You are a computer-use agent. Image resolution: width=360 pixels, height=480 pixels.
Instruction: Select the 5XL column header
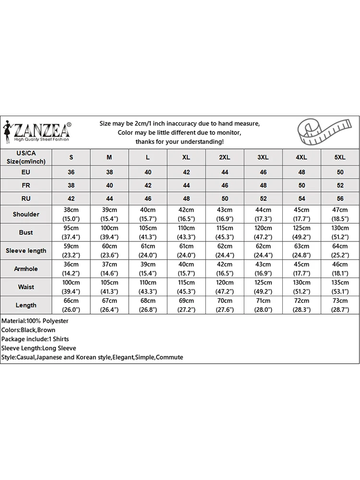[340, 157]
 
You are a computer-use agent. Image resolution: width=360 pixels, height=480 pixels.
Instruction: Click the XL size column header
[186, 157]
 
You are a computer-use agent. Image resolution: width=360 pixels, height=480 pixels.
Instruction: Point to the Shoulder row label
[26, 214]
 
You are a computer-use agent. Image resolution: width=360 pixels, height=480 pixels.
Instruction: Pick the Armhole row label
[26, 269]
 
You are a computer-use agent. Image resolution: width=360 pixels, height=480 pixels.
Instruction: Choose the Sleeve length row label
[26, 251]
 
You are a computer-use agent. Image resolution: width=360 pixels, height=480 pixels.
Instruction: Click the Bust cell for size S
[71, 232]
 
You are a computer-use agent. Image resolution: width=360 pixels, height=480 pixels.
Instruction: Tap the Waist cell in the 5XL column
[340, 287]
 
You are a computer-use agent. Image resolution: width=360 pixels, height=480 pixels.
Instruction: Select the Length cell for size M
[109, 305]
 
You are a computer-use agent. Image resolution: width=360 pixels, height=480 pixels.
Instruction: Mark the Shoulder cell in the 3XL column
[263, 214]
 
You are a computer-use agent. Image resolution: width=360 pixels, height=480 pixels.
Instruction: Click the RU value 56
[340, 198]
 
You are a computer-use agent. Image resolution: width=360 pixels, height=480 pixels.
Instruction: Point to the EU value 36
[71, 172]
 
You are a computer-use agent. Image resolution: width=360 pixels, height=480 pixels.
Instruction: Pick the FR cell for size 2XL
[225, 185]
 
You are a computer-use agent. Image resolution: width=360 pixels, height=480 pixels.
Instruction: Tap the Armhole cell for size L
[148, 269]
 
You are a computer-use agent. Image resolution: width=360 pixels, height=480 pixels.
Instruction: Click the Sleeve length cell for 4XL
[301, 251]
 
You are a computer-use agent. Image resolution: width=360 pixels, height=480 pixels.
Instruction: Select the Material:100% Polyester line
[35, 321]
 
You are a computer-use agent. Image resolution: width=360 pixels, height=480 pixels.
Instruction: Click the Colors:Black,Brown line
[28, 330]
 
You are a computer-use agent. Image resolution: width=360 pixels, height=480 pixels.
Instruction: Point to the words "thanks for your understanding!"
[179, 142]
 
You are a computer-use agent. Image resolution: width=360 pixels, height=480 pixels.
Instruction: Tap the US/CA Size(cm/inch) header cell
[26, 157]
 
